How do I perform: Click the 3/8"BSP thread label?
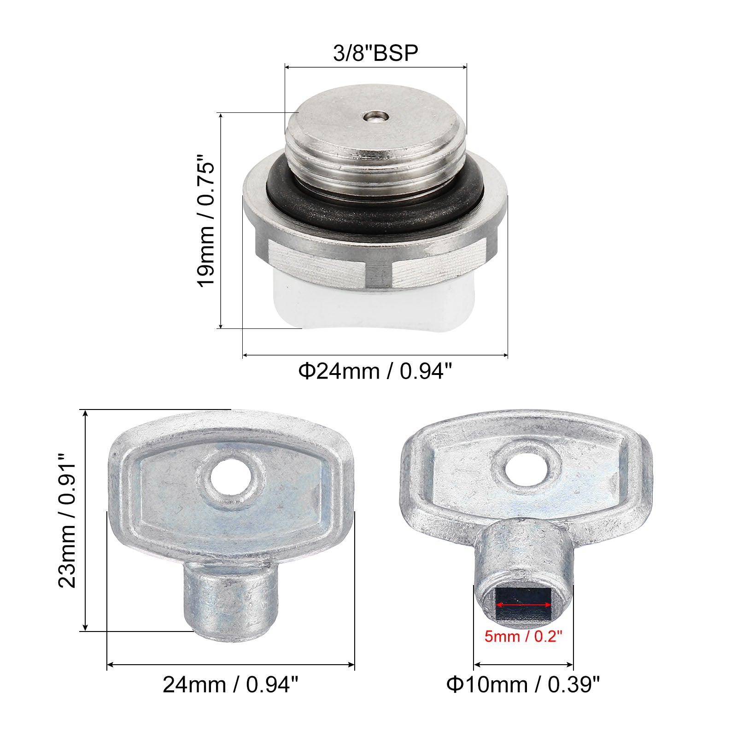[x=375, y=53]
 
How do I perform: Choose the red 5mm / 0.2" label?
[x=523, y=637]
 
